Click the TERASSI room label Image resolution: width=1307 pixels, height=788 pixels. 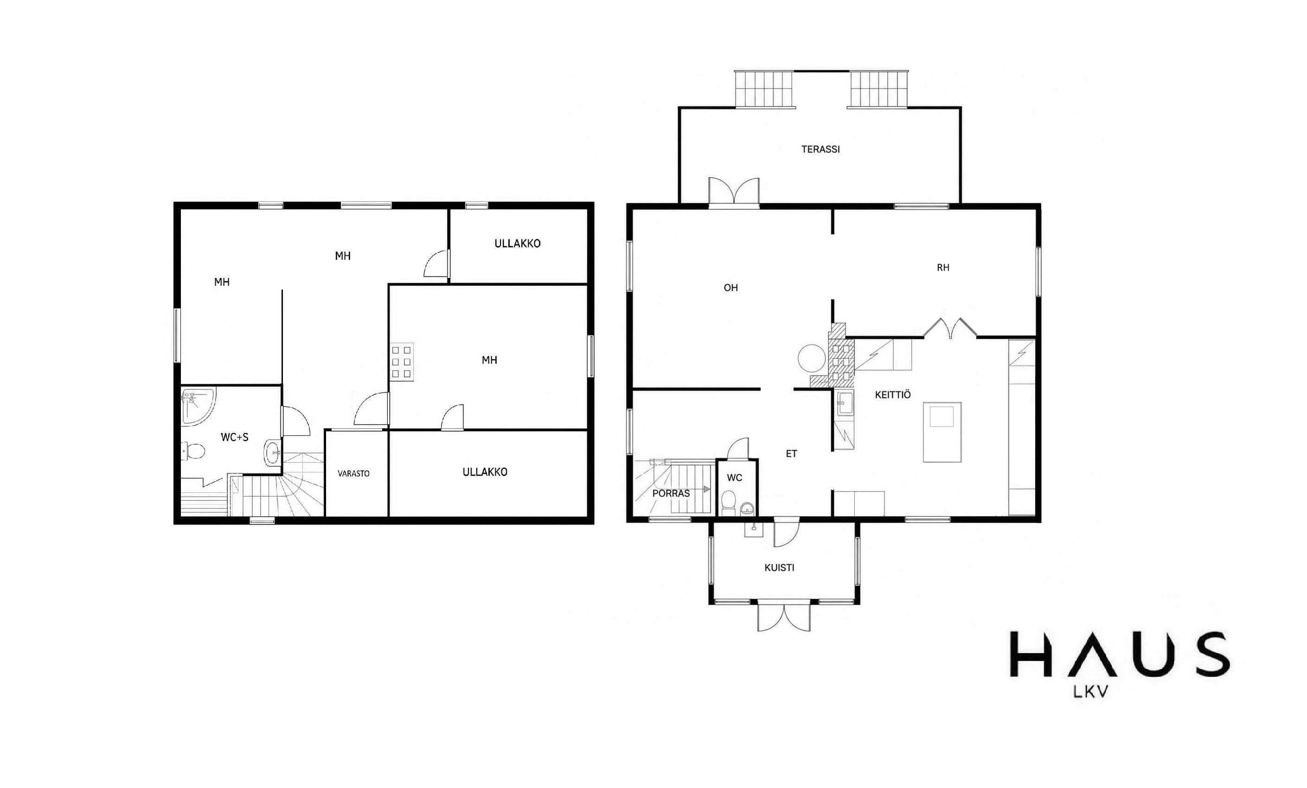(x=820, y=149)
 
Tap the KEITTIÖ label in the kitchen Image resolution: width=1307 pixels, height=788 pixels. (x=893, y=395)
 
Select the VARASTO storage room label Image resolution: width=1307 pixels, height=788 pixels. (x=353, y=473)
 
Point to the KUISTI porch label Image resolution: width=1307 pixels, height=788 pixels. (x=779, y=568)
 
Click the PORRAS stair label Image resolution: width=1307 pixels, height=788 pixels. (x=671, y=493)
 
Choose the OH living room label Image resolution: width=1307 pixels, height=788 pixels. (x=730, y=288)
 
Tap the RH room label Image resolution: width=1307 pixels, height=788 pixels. (x=942, y=268)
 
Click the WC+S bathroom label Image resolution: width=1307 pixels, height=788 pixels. (x=235, y=437)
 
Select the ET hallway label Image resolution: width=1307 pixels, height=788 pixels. (x=791, y=454)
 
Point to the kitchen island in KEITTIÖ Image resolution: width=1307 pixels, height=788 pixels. (x=942, y=432)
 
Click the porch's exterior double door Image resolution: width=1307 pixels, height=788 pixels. (x=784, y=616)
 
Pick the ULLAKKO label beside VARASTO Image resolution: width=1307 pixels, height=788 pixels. (x=485, y=472)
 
